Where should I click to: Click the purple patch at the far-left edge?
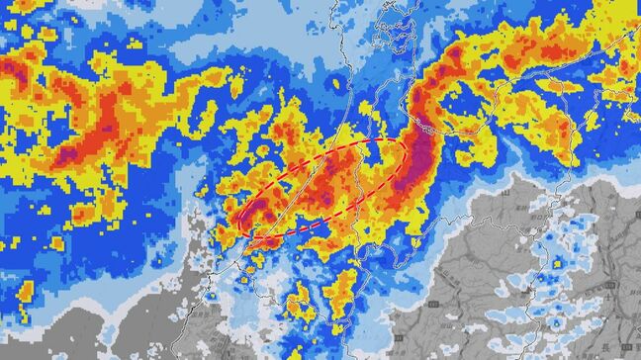8,69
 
